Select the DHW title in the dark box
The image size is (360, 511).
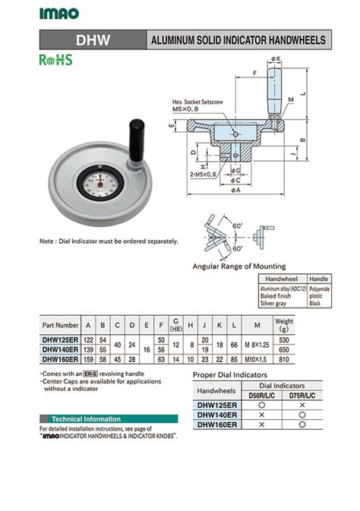93,39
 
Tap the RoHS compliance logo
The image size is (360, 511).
55,60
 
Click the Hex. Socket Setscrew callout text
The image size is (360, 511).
197,101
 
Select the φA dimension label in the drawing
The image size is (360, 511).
236,191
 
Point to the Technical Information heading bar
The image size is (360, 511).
84,418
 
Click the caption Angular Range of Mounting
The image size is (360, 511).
239,267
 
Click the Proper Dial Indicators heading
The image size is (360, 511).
230,375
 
